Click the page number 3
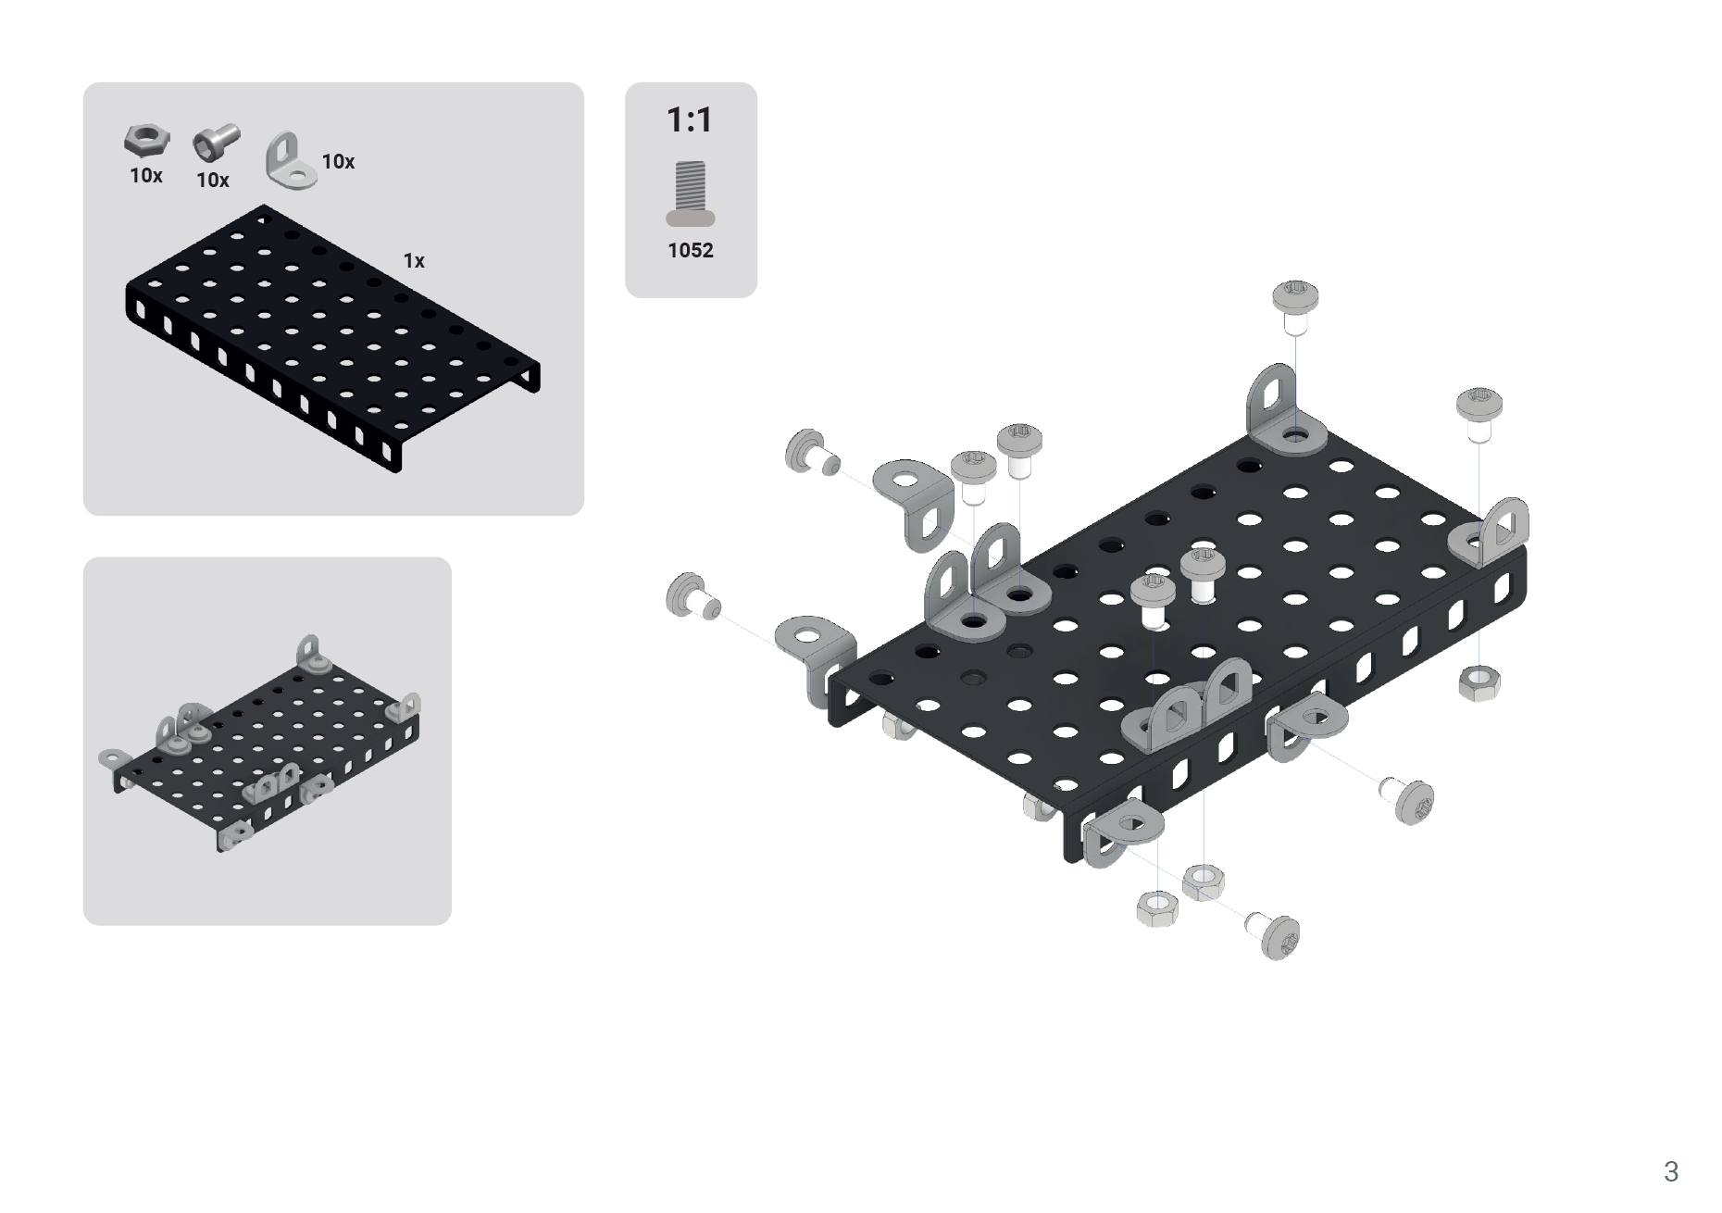tap(1670, 1172)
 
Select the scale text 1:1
tap(690, 119)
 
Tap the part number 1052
tap(691, 250)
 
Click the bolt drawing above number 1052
tap(691, 194)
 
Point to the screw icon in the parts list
tap(217, 144)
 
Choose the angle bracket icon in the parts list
tap(291, 160)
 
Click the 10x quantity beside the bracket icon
tap(338, 162)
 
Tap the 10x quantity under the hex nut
tap(146, 176)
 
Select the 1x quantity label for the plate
tap(414, 261)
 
